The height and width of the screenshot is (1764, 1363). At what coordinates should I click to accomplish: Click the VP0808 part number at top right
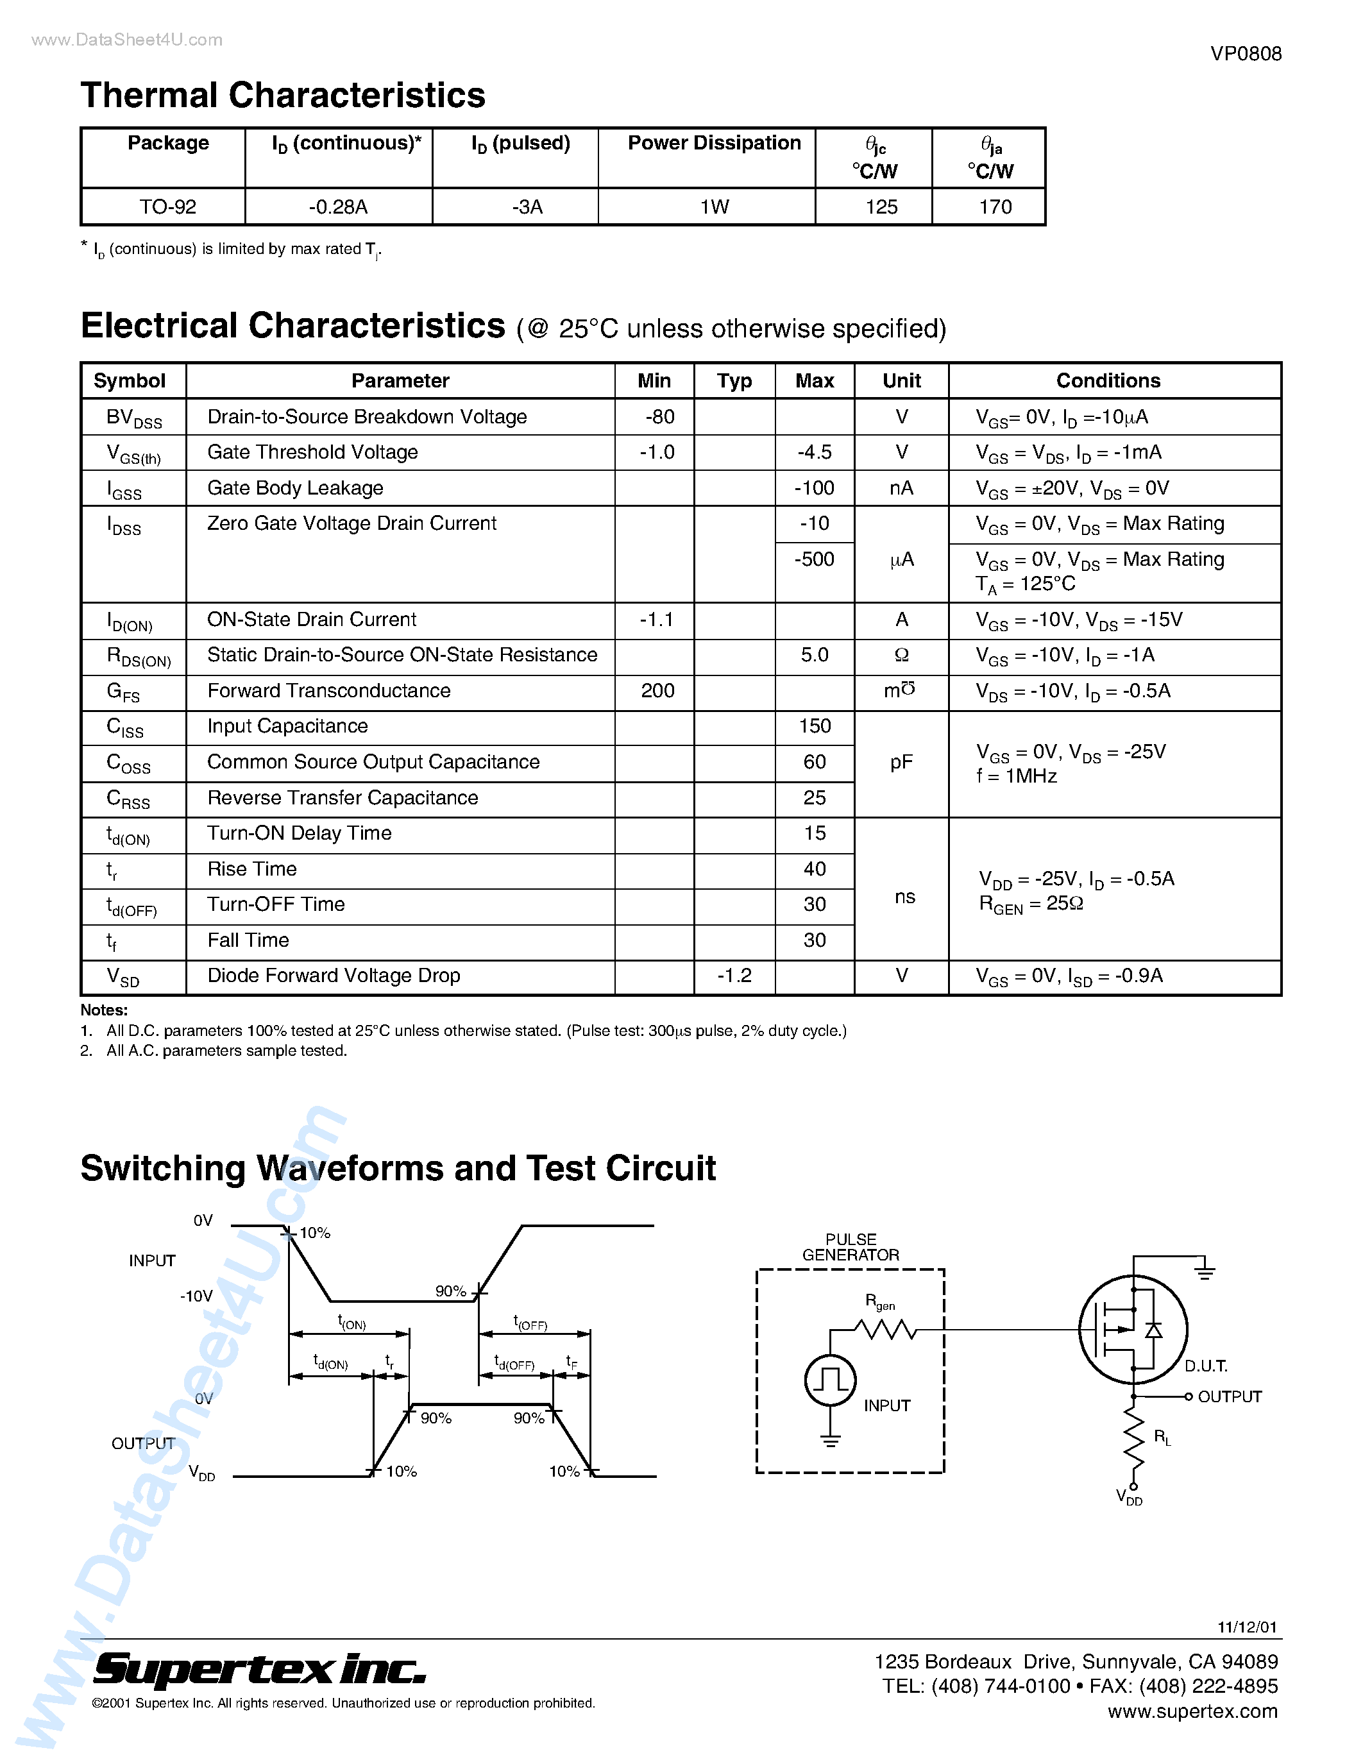(1245, 54)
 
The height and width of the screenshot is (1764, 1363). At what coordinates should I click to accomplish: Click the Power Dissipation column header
(714, 144)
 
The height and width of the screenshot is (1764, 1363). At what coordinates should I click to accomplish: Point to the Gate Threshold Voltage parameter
(312, 452)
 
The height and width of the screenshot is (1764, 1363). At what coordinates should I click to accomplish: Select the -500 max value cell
(814, 559)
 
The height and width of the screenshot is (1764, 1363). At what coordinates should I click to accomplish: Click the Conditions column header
(1108, 381)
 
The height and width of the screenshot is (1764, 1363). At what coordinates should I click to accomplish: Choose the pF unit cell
(901, 763)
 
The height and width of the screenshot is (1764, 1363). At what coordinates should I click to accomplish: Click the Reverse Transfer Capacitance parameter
(343, 798)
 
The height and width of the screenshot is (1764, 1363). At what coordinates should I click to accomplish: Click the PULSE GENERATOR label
(851, 1247)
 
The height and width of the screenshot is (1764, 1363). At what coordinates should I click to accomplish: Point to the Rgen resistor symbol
(886, 1328)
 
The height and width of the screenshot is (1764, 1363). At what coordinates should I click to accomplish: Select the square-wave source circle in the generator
(830, 1380)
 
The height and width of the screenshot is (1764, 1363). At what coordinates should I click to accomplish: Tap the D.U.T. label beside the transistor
(1206, 1366)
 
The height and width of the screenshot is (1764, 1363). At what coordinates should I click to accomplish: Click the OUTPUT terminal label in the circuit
(1229, 1396)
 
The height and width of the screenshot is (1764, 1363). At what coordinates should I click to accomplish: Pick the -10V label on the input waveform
(196, 1296)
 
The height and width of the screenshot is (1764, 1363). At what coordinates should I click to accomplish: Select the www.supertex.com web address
(1192, 1711)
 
